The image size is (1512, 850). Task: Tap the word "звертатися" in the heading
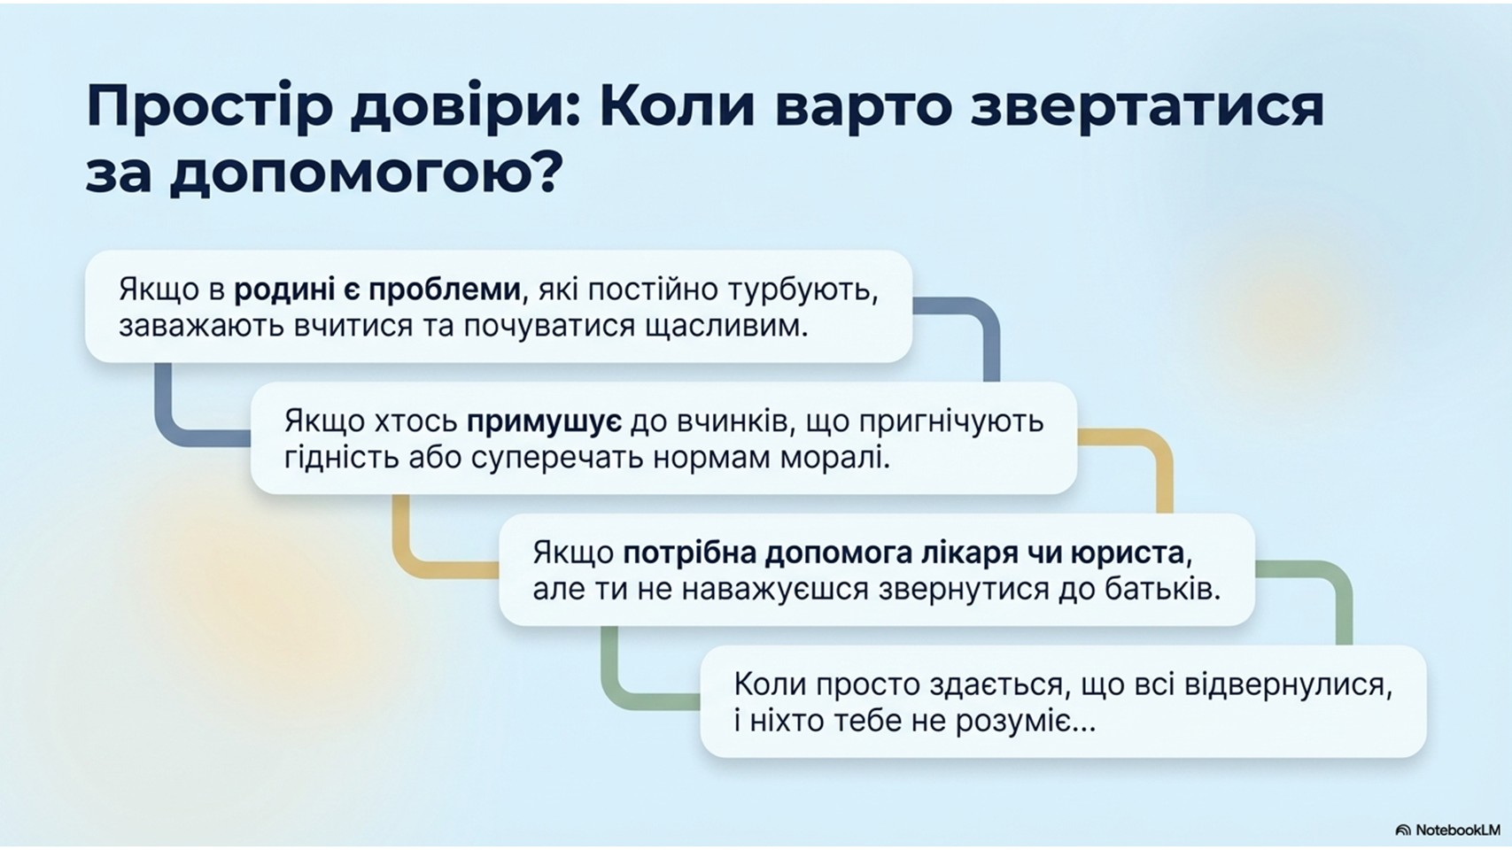pos(1147,107)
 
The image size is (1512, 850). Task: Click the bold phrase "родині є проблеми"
pos(377,290)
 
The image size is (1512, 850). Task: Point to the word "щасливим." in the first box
pos(727,328)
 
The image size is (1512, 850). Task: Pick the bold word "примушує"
pos(544,422)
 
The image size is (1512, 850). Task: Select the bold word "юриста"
pos(1128,554)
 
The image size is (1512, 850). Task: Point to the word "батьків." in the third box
pos(1164,591)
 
